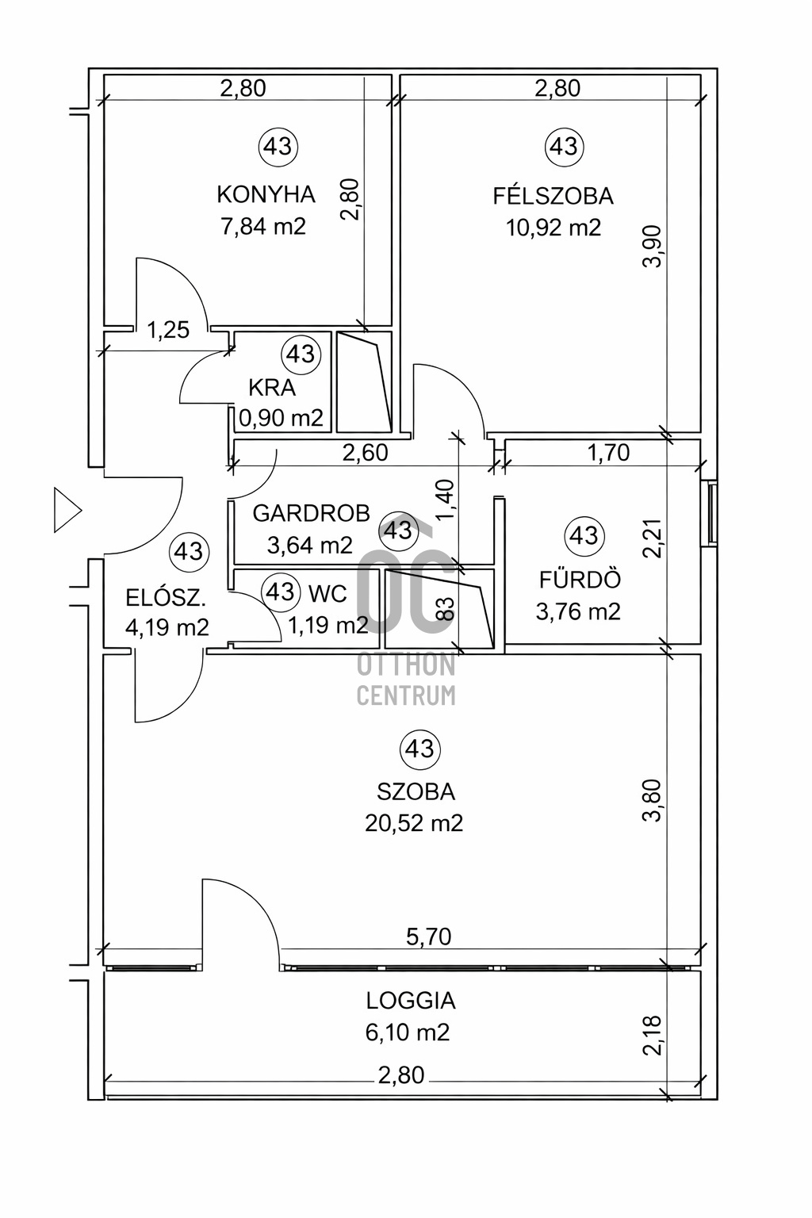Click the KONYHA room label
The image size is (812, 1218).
click(266, 194)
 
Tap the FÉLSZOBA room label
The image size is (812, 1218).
click(553, 195)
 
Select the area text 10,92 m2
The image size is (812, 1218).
click(553, 228)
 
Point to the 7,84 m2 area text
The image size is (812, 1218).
click(263, 227)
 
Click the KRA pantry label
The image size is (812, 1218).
click(272, 388)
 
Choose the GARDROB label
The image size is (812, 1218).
click(311, 513)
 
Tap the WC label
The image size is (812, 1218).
click(328, 594)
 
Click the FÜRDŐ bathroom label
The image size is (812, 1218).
click(580, 580)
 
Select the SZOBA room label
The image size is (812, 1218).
click(416, 791)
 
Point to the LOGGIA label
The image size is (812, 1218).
click(411, 1001)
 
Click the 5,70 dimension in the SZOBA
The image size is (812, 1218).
click(428, 937)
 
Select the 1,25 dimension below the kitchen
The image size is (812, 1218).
click(168, 329)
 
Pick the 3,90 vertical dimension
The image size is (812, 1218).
click(653, 247)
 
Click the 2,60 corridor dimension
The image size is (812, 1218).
click(365, 453)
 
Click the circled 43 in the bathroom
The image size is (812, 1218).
click(584, 535)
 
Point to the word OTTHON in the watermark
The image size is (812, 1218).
click(406, 665)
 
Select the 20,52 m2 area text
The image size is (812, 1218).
click(414, 823)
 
